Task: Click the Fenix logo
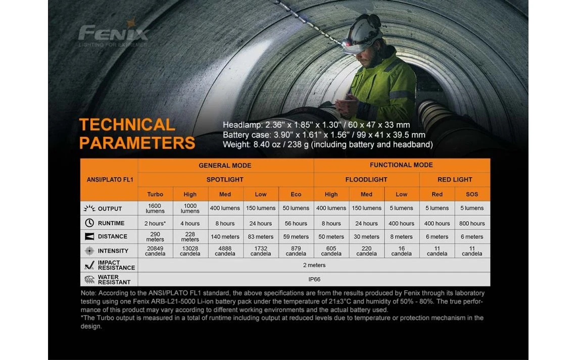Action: pyautogui.click(x=114, y=33)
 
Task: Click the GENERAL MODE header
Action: pyautogui.click(x=225, y=165)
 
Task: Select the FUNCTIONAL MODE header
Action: pyautogui.click(x=401, y=165)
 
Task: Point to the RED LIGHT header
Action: pyautogui.click(x=455, y=179)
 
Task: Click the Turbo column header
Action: pyautogui.click(x=155, y=194)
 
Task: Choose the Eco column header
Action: pyautogui.click(x=296, y=194)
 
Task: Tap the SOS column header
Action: pyautogui.click(x=472, y=194)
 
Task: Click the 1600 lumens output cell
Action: pyautogui.click(x=155, y=208)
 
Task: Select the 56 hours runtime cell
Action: pyautogui.click(x=296, y=223)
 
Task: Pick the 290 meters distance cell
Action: pyautogui.click(x=155, y=236)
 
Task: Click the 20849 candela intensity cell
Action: pyautogui.click(x=155, y=251)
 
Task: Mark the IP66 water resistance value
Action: pyautogui.click(x=314, y=279)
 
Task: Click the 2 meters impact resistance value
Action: pyautogui.click(x=314, y=265)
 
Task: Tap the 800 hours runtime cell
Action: pyautogui.click(x=472, y=223)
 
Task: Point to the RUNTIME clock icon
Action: pyautogui.click(x=89, y=223)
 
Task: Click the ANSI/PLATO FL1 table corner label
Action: pyautogui.click(x=109, y=180)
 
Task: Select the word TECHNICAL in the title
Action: pyautogui.click(x=127, y=125)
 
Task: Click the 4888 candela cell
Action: pyautogui.click(x=225, y=251)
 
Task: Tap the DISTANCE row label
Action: pyautogui.click(x=113, y=236)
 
